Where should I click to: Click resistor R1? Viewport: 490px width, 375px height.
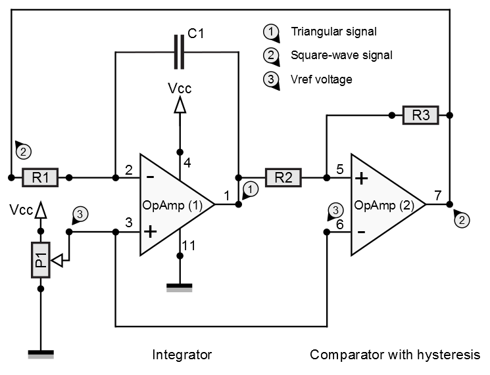[x=40, y=177]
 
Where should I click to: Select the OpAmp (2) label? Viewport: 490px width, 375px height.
[x=383, y=204]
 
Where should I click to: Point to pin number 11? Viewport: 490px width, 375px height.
[x=188, y=246]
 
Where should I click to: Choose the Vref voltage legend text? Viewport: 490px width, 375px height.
[x=322, y=79]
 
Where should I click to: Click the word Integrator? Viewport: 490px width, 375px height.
[x=182, y=355]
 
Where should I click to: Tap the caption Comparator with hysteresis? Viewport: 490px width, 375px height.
[x=395, y=355]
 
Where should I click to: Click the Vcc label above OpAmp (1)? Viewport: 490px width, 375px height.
[x=179, y=89]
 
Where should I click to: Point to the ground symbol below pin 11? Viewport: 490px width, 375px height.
[x=178, y=286]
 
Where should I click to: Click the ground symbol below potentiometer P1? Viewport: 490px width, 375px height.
[x=40, y=354]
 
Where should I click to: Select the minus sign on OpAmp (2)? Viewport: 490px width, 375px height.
[x=360, y=231]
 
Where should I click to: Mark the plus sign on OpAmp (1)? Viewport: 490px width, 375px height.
[x=150, y=231]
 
